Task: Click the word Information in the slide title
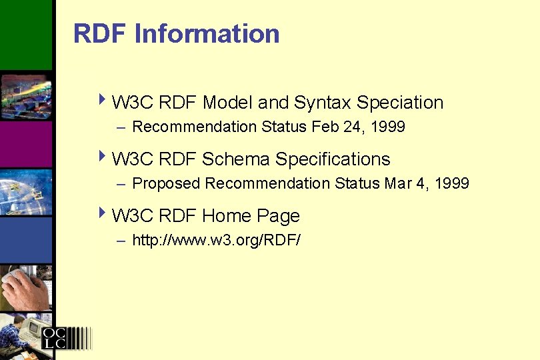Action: point(207,33)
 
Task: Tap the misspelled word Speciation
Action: point(400,103)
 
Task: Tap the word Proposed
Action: point(167,183)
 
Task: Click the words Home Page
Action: point(251,216)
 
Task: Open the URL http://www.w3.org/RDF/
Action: point(217,240)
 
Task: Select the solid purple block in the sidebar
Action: point(25,143)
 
